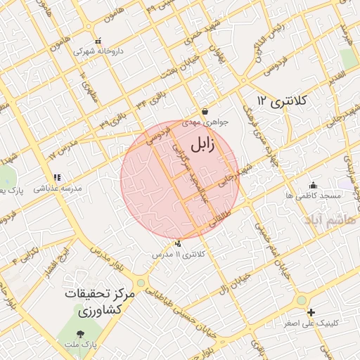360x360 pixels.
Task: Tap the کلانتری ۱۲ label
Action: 282,101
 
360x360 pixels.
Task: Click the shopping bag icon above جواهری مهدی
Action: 204,111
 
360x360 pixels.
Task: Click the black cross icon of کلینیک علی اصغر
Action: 311,311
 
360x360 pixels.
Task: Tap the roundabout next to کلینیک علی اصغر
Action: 302,300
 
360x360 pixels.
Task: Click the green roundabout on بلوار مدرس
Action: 141,283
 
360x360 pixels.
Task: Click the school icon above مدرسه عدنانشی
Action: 56,177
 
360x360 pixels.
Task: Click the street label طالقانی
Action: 219,221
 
